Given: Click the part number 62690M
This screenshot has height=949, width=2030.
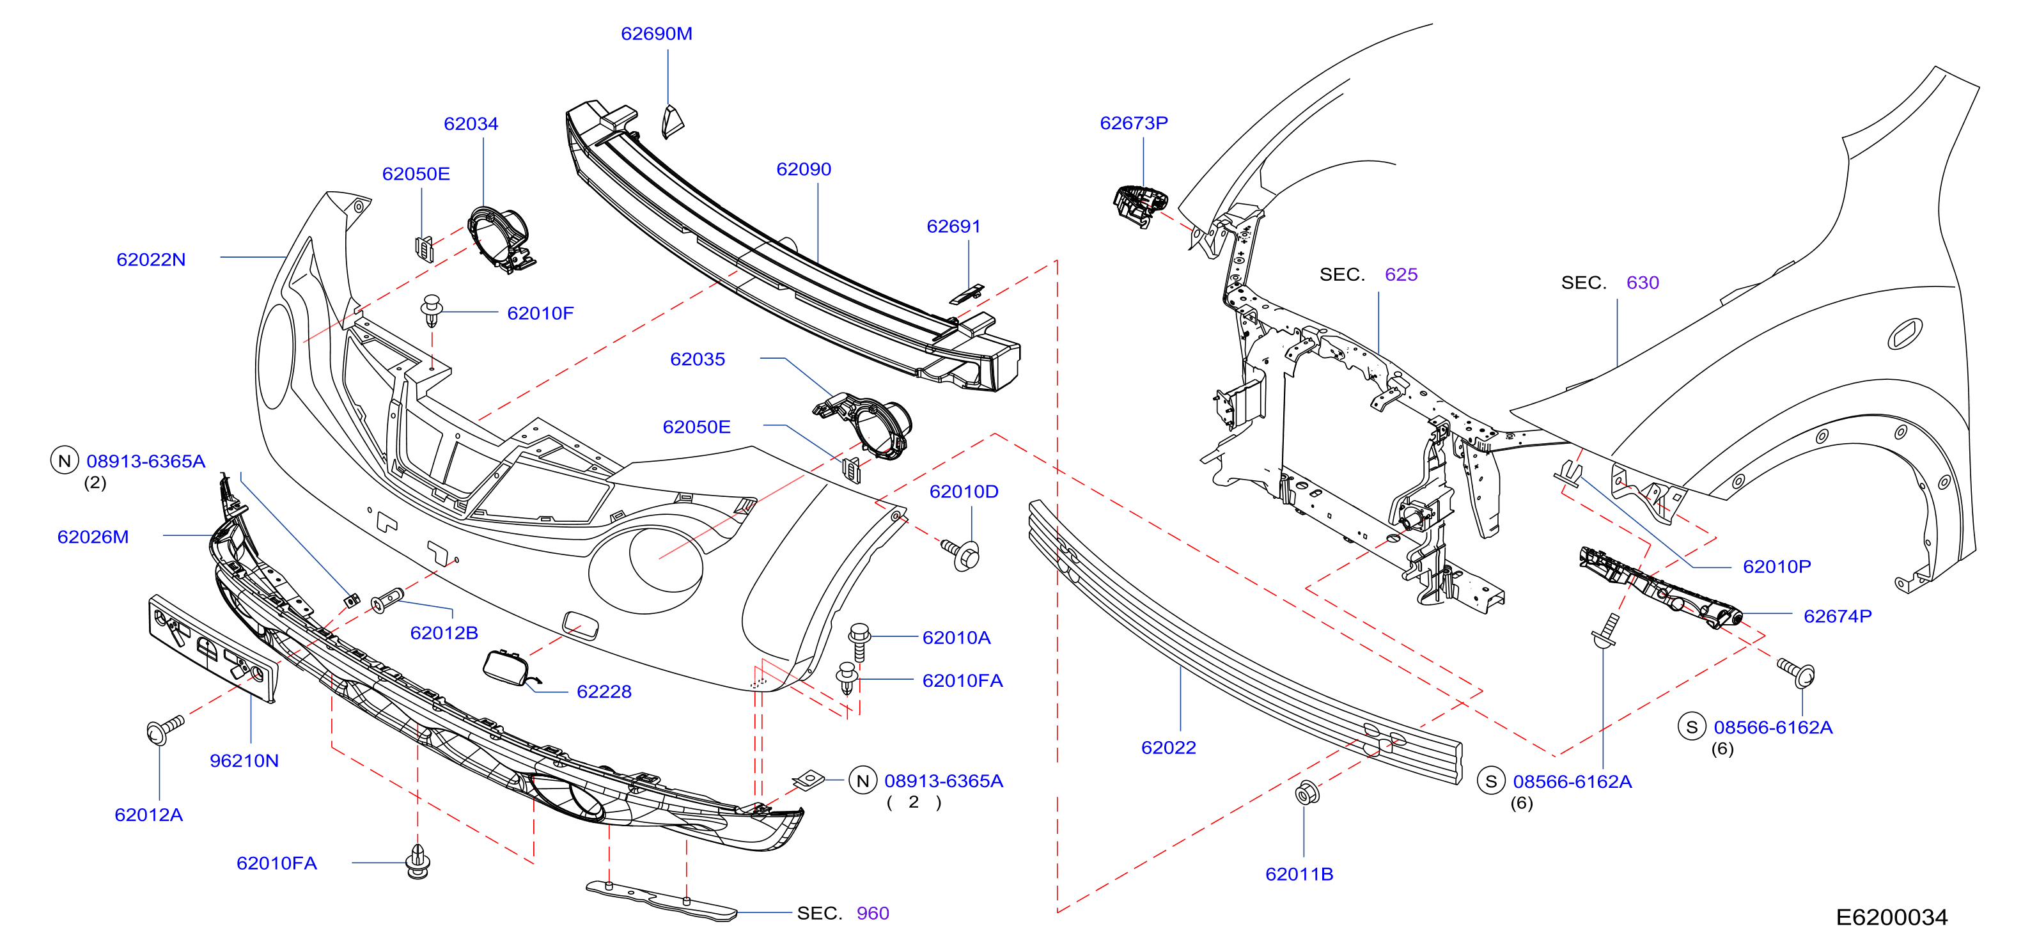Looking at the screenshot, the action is [x=657, y=34].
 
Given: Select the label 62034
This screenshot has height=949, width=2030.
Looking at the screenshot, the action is [x=471, y=124].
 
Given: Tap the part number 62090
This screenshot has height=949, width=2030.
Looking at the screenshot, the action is [x=804, y=169].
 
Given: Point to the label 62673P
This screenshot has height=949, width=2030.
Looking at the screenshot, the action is [x=1134, y=123].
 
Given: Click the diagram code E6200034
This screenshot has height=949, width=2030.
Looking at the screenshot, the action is [x=1891, y=918].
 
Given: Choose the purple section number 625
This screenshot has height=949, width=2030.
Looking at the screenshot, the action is [x=1401, y=274].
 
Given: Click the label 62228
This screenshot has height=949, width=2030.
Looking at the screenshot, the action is [x=604, y=692].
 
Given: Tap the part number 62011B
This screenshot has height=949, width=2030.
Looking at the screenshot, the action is [x=1299, y=874].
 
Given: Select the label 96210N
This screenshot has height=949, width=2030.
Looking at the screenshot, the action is [x=244, y=760].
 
